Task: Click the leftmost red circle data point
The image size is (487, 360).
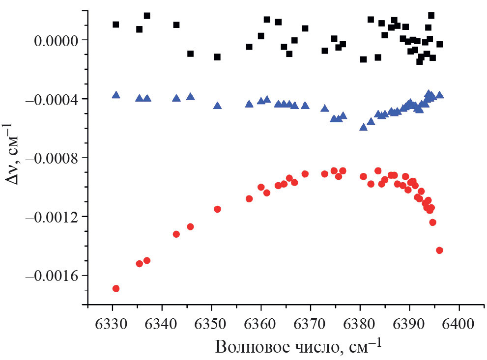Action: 116,288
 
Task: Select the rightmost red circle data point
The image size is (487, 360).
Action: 439,250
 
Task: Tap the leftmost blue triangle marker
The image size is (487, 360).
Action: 116,95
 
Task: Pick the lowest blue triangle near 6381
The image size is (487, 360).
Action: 364,127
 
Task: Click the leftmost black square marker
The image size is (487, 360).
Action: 116,25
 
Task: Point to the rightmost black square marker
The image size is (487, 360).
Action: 439,44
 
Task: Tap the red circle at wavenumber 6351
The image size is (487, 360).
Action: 217,209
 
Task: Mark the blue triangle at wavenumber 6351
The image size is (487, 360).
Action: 217,106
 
